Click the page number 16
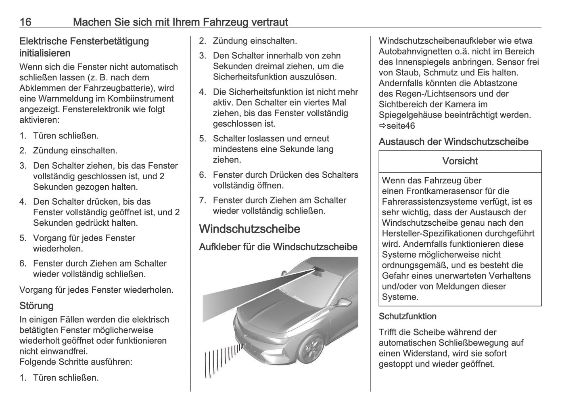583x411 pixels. pyautogui.click(x=25, y=22)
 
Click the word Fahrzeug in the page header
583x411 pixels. pyautogui.click(x=224, y=22)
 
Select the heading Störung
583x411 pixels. pyautogui.click(x=36, y=306)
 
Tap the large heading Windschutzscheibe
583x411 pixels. pyautogui.click(x=249, y=229)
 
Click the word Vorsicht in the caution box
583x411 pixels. pyautogui.click(x=460, y=161)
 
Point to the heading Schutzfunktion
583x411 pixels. pyautogui.click(x=407, y=316)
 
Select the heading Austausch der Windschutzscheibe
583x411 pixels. pyautogui.click(x=453, y=142)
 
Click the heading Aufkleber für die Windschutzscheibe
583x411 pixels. pyautogui.click(x=278, y=247)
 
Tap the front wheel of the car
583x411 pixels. pyautogui.click(x=313, y=347)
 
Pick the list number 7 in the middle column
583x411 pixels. pyautogui.click(x=203, y=200)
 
